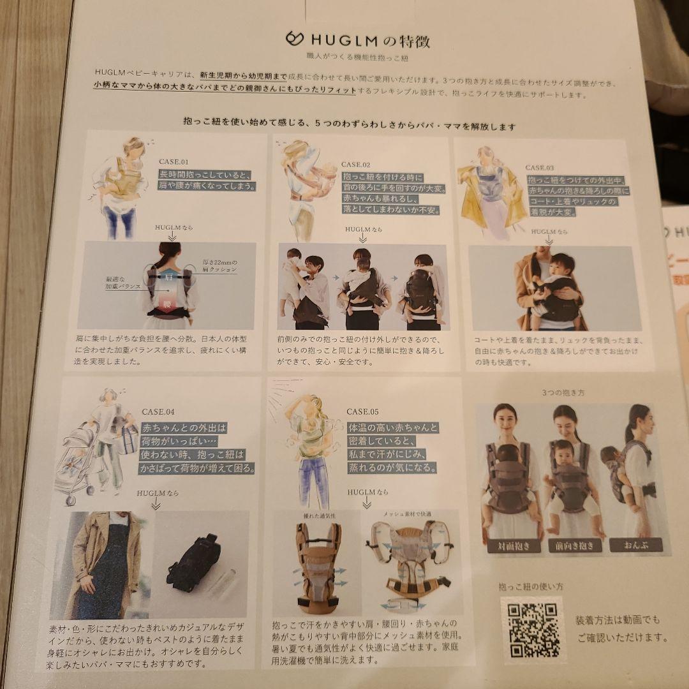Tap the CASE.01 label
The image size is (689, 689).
[x=174, y=161]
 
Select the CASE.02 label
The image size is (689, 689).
[x=355, y=165]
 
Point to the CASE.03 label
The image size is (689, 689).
[x=540, y=168]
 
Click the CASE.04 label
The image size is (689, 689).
[x=158, y=412]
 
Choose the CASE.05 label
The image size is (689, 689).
[x=362, y=411]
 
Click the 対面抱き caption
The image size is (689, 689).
[x=514, y=546]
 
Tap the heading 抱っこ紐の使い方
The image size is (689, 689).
[x=522, y=586]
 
